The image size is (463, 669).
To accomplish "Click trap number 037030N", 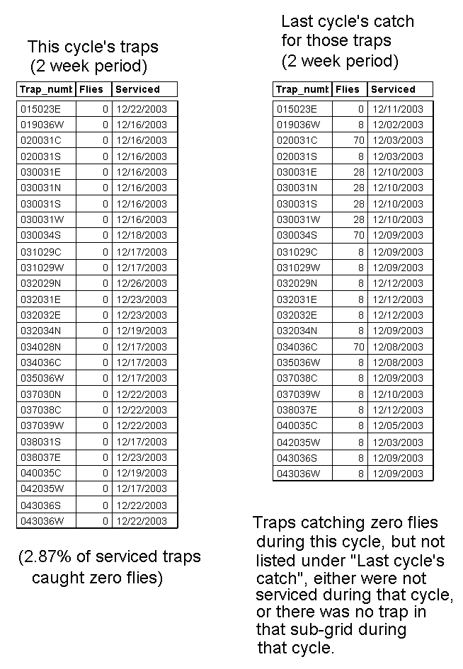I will tap(41, 394).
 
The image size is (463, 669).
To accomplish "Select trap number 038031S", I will tap(41, 442).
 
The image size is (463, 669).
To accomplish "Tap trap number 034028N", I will tap(41, 347).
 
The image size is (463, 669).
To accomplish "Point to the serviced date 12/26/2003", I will tap(142, 283).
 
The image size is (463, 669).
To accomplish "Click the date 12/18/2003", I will tap(142, 235).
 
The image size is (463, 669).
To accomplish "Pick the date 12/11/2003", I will tap(398, 109).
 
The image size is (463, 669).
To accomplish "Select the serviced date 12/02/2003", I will tap(398, 125).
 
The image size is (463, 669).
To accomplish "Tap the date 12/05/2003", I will tap(398, 426).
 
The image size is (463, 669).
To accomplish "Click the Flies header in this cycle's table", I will tap(91, 89).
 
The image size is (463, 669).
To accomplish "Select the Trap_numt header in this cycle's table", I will tap(46, 89).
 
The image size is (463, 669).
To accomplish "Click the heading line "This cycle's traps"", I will tap(93, 47).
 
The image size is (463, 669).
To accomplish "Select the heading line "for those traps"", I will tap(336, 40).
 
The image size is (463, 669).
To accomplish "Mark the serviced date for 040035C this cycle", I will tap(142, 473).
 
